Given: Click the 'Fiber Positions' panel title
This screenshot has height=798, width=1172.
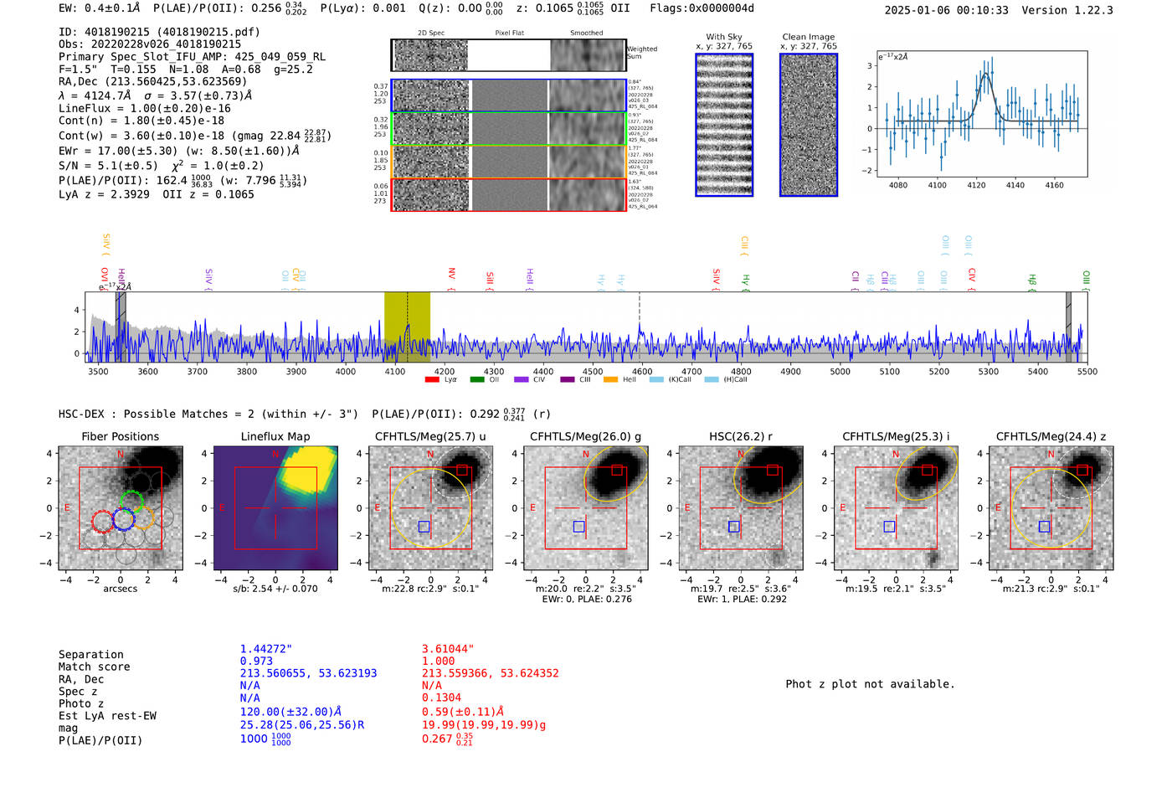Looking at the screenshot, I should (x=120, y=436).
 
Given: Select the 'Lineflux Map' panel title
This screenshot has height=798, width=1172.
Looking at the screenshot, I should (x=275, y=436).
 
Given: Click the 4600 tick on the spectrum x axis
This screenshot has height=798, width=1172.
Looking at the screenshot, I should (x=642, y=372).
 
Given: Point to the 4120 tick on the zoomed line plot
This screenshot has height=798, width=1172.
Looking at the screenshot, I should (x=976, y=185).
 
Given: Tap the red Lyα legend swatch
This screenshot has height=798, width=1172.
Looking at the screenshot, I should (x=432, y=380).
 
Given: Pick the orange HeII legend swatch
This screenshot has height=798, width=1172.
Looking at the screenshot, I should (x=610, y=380).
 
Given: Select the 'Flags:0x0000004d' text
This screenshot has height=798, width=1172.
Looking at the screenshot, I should (x=702, y=8).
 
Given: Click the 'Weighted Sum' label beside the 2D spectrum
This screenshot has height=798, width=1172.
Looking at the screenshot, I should (x=642, y=53).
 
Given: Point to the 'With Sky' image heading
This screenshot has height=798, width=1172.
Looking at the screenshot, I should (x=724, y=37).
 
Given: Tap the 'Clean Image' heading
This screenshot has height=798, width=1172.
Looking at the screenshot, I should (x=808, y=37).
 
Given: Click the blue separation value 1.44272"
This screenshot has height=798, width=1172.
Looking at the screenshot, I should (x=266, y=649).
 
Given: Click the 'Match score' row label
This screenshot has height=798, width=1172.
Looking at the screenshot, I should (x=94, y=667).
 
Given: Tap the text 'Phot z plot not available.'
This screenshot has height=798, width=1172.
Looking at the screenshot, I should (x=870, y=684).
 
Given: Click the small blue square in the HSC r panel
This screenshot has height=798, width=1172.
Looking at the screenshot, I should (x=734, y=527).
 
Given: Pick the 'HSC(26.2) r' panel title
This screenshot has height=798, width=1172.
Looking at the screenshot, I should (x=740, y=436).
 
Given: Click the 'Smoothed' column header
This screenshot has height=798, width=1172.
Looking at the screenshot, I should (x=586, y=33).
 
